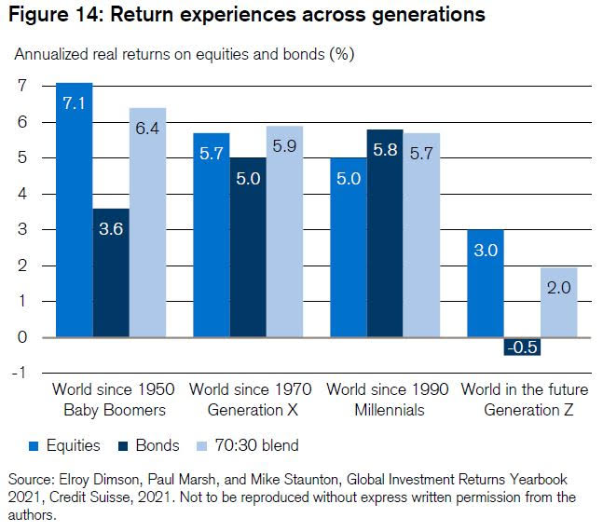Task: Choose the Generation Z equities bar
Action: pos(485,283)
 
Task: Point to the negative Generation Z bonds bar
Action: pos(521,347)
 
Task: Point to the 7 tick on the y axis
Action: pos(21,86)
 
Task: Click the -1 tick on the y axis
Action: pos(18,374)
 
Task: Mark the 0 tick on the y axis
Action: pos(21,337)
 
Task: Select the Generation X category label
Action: pos(246,409)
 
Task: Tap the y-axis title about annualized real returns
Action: pos(184,53)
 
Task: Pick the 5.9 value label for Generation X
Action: pos(284,146)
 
